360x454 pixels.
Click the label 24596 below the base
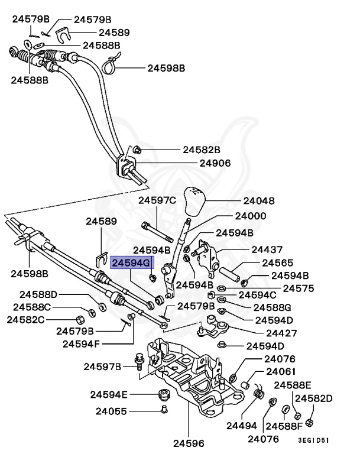coord(189,442)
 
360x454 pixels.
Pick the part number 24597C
coord(157,200)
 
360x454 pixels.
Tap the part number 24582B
coord(201,150)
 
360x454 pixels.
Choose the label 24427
coord(263,333)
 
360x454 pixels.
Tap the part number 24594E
coord(109,394)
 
